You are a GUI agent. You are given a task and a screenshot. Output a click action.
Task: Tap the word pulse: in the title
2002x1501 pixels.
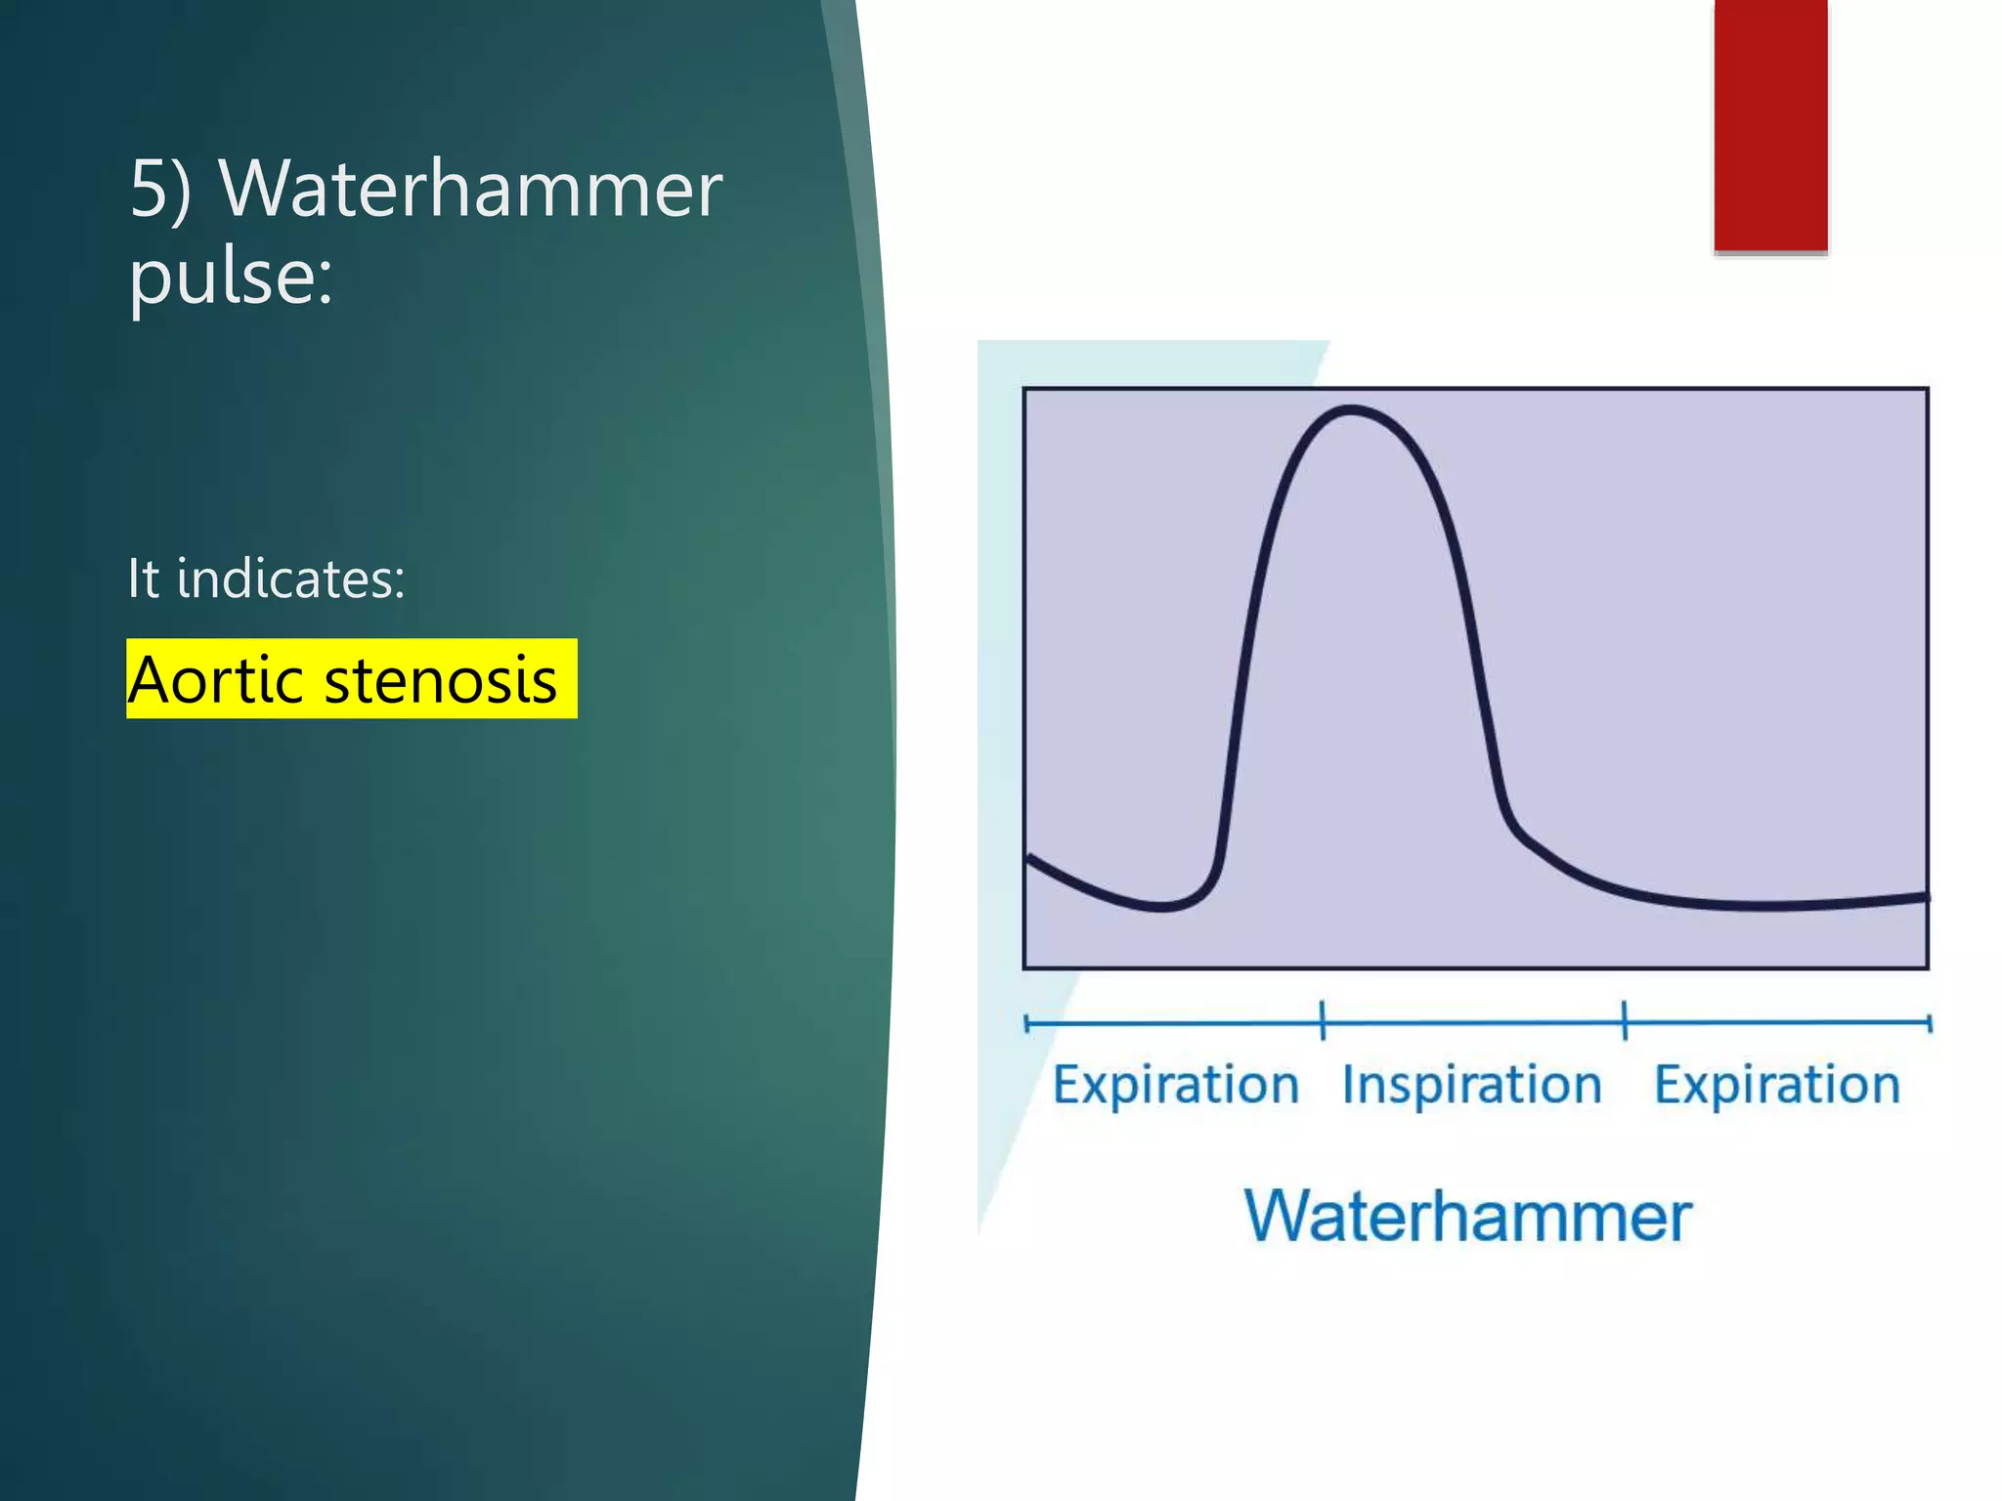point(231,278)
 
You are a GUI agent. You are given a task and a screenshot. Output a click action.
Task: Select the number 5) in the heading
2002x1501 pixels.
point(159,190)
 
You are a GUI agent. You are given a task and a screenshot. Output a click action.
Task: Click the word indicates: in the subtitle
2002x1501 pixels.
point(290,579)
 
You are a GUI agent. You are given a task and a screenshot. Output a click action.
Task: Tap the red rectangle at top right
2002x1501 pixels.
point(1770,125)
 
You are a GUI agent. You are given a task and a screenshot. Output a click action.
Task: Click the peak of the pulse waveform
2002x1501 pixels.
point(1352,410)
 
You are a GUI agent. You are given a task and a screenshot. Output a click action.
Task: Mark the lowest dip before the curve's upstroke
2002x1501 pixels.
point(1160,907)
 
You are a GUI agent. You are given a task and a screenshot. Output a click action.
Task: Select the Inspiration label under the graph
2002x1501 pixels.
point(1471,1085)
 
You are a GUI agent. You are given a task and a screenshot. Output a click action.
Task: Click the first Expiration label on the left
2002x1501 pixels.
point(1175,1085)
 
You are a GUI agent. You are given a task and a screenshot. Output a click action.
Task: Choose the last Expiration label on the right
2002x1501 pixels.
point(1776,1085)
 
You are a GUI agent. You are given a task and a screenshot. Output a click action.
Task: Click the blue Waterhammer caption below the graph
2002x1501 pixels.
point(1467,1217)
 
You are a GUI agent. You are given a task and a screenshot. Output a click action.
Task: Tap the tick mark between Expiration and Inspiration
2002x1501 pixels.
point(1323,1021)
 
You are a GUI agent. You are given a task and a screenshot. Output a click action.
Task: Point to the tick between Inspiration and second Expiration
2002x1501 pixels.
point(1625,1021)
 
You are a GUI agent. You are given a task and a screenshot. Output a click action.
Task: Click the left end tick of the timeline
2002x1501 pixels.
point(1026,1023)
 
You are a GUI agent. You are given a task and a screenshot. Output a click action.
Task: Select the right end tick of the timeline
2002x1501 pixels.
point(1929,1023)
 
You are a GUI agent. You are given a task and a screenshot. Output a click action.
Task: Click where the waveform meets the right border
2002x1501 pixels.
point(1926,895)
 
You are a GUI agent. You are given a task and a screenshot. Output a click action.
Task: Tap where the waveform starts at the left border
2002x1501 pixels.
point(1028,858)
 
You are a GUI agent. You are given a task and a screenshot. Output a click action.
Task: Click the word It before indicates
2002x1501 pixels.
point(143,579)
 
